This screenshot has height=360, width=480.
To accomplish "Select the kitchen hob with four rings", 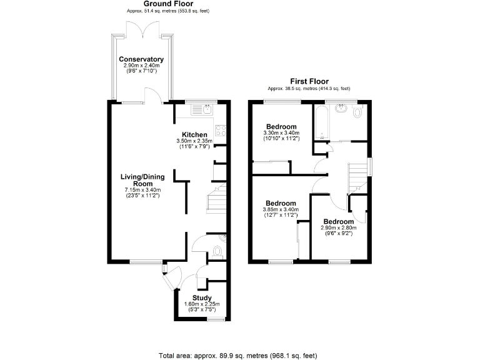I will pos(221,131).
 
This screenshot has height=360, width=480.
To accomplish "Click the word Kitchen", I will pos(194,135).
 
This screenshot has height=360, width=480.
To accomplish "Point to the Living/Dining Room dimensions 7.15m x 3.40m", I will pos(143,190).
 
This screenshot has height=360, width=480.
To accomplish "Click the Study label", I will pos(201,298).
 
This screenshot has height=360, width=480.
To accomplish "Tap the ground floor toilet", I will pos(217,252).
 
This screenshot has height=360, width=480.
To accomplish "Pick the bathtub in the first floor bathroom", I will pos(319,122).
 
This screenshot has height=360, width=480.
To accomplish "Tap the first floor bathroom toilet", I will pos(357,113).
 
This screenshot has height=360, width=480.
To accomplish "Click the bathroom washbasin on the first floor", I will pos(341,108).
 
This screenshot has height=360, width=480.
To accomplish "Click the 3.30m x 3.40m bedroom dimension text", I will pos(282,132).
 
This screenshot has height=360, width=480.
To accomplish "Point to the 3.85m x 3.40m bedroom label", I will pos(281,204).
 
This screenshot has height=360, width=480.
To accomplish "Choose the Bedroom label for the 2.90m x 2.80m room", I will pos(338,222).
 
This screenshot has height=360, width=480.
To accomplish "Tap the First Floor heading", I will pos(309,81).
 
